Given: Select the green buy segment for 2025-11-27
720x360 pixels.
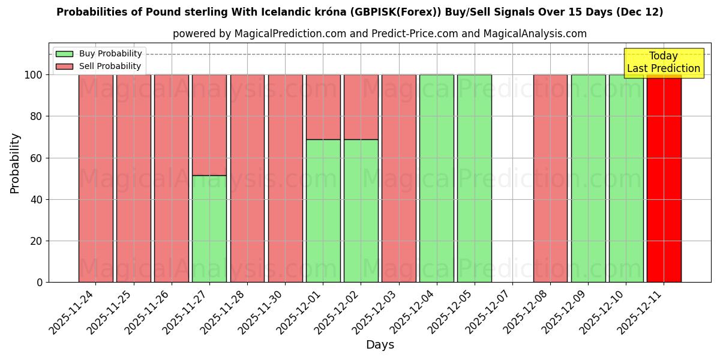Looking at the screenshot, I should (x=209, y=229).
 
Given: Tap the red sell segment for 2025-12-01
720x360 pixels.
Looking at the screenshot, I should (x=323, y=107).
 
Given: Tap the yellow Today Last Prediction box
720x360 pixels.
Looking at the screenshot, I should (x=664, y=62).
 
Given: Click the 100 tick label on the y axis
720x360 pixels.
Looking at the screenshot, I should (x=34, y=75).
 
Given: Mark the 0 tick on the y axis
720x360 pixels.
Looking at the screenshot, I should (x=40, y=283).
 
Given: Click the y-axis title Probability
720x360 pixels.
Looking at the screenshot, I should (x=15, y=163).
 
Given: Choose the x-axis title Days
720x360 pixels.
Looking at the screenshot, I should (x=380, y=345).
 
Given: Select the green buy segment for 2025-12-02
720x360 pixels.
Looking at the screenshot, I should (x=361, y=211).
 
